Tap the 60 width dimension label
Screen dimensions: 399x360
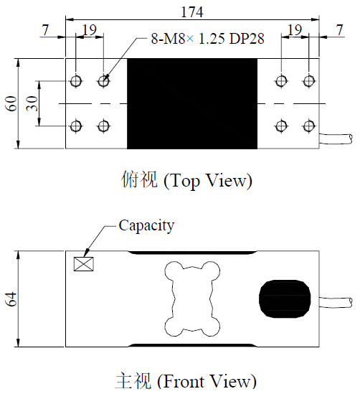[11, 103]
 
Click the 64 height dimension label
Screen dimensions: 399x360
[11, 299]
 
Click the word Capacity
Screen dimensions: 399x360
[146, 225]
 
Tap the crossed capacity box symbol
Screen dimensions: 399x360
[84, 263]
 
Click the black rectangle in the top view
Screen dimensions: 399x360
[191, 103]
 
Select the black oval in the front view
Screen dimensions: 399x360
[285, 299]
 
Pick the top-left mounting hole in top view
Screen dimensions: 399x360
[76, 82]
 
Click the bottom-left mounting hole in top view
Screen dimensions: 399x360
[76, 126]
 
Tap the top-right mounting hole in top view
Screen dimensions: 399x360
[309, 82]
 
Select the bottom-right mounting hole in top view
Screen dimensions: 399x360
[309, 126]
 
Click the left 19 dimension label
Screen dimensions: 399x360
[90, 30]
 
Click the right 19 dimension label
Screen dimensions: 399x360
[295, 30]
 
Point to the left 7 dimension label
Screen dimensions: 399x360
[46, 30]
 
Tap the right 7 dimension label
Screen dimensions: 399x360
[338, 30]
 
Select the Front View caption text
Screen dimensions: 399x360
[185, 381]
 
